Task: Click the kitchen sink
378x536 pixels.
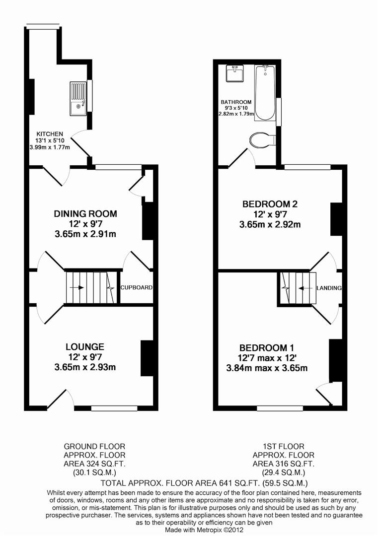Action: (x=78, y=98)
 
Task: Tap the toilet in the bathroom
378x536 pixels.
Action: (x=263, y=140)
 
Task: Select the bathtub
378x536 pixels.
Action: (x=265, y=93)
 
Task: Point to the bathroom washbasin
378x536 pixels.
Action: (x=234, y=73)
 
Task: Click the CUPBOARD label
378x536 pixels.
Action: (x=137, y=287)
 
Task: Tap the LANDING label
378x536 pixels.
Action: (x=329, y=288)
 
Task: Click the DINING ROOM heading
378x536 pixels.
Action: (x=85, y=213)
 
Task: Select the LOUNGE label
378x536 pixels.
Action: (x=85, y=346)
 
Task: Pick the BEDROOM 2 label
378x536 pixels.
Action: (x=270, y=204)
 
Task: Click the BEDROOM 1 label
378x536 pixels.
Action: (x=267, y=348)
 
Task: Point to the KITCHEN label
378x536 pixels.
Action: (x=50, y=134)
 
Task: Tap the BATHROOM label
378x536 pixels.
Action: (x=236, y=102)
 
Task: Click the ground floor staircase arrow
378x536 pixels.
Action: (x=77, y=287)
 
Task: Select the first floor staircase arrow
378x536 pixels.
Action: (x=305, y=288)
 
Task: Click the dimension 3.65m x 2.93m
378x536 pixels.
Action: (x=85, y=367)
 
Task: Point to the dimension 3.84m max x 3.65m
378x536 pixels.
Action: (x=267, y=368)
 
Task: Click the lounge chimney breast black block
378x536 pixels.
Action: (x=147, y=358)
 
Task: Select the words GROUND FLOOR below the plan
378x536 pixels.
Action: (x=94, y=447)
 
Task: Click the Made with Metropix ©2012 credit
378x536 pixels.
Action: (x=204, y=530)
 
